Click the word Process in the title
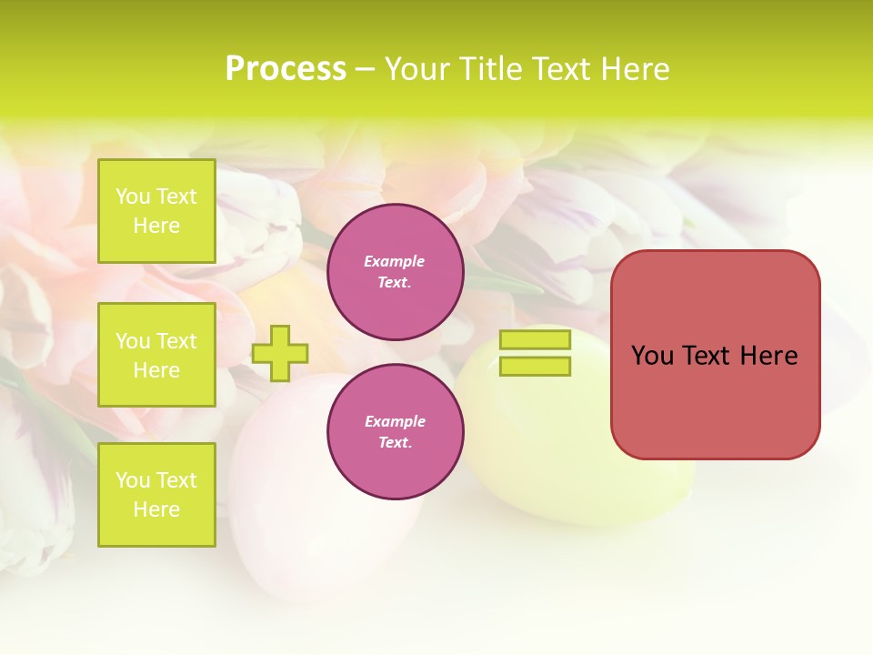coord(286,69)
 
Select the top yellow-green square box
coord(156,211)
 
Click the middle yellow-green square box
coord(156,355)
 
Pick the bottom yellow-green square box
coord(156,494)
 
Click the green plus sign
coord(280,353)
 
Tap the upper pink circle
coord(395,272)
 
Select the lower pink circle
coord(395,431)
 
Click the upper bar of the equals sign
coord(536,340)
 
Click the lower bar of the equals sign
coord(536,366)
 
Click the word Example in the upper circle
coord(395,261)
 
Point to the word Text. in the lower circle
coord(395,442)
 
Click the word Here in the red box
coord(768,356)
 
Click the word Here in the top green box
coord(156,226)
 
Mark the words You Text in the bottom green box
coord(156,479)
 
